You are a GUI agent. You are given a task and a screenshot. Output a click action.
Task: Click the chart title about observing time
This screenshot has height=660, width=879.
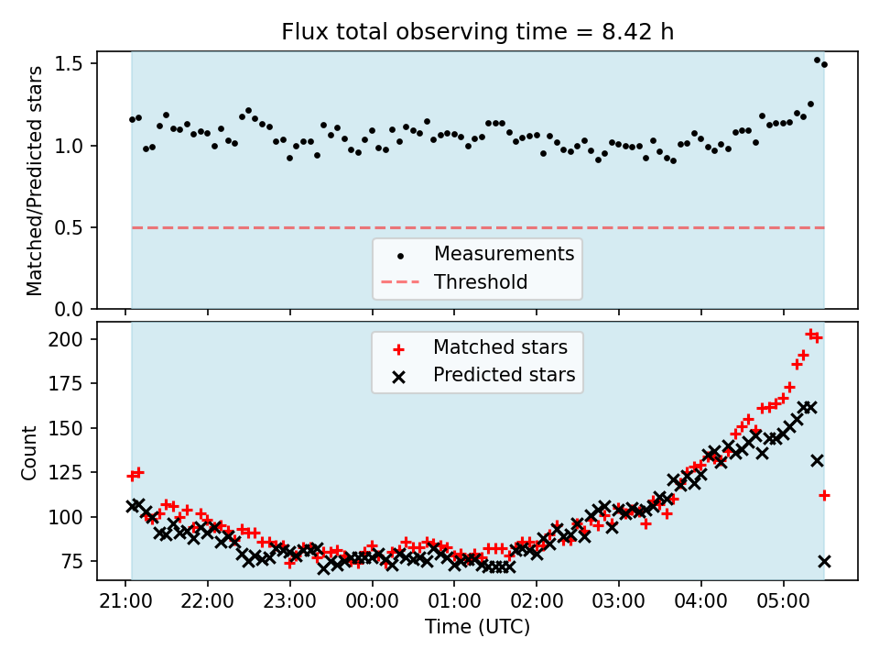477,33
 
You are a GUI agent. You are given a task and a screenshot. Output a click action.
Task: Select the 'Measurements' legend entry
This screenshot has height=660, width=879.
504,254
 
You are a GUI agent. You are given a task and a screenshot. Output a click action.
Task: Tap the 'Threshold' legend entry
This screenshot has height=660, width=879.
481,282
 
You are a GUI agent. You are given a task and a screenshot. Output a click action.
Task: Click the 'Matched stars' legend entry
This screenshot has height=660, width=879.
500,347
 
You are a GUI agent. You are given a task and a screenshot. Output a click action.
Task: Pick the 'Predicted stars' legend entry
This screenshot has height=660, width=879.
504,375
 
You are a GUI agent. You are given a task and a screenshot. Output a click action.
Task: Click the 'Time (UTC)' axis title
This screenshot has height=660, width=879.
477,628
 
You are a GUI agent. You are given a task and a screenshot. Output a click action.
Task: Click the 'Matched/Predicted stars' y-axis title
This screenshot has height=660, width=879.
35,181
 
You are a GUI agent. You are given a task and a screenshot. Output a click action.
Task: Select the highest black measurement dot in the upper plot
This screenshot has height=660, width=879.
817,60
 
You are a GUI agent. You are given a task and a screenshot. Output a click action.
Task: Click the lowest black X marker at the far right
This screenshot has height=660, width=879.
824,561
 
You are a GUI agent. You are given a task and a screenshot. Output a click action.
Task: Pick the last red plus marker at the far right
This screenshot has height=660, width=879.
824,495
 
